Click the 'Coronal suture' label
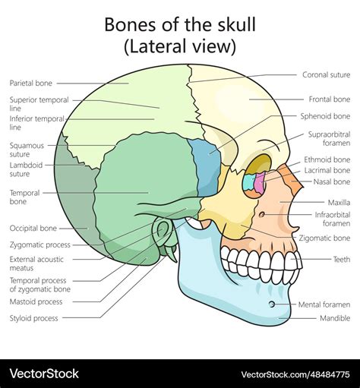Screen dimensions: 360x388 pyautogui.click(x=327, y=74)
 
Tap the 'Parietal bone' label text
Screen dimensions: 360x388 pyautogui.click(x=31, y=83)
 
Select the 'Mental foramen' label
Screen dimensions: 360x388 pyautogui.click(x=324, y=304)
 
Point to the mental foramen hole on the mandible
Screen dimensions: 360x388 pyautogui.click(x=272, y=304)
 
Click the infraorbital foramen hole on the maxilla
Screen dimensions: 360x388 pyautogui.click(x=262, y=215)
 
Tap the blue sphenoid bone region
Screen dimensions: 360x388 pyautogui.click(x=207, y=167)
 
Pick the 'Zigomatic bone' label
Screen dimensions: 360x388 pyautogui.click(x=324, y=238)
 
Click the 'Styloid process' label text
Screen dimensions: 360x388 pyautogui.click(x=34, y=318)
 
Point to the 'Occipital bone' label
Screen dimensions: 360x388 pyautogui.click(x=33, y=229)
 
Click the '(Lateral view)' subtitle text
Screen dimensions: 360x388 pyautogui.click(x=180, y=46)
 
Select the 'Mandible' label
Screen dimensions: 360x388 pyautogui.click(x=335, y=318)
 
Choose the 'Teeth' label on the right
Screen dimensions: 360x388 pyautogui.click(x=342, y=260)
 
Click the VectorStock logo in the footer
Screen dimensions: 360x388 pyautogui.click(x=44, y=374)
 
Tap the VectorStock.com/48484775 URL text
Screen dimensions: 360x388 pyautogui.click(x=295, y=374)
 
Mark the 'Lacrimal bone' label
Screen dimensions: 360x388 pyautogui.click(x=327, y=171)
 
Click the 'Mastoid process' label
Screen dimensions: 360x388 pyautogui.click(x=36, y=301)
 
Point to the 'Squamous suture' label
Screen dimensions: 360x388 pyautogui.click(x=27, y=150)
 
